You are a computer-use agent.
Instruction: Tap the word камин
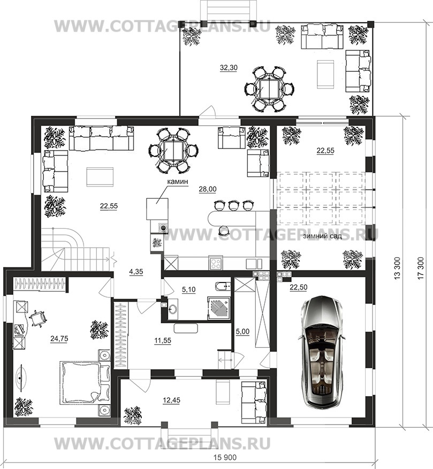(x=177, y=181)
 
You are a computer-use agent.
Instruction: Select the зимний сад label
(x=322, y=236)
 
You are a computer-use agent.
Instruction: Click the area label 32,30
(x=229, y=68)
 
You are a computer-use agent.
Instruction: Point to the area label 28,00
(x=208, y=189)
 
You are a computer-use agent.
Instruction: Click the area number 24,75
(x=59, y=339)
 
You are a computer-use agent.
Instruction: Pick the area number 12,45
(x=172, y=400)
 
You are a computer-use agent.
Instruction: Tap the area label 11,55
(x=163, y=340)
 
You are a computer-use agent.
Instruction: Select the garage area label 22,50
(x=298, y=287)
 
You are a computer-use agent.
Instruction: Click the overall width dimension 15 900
(x=225, y=457)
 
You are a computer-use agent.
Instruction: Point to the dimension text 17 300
(x=421, y=269)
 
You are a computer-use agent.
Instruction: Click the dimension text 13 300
(x=397, y=269)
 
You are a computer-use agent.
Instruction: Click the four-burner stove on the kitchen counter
(x=216, y=263)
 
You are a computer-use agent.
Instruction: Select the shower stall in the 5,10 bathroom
(x=218, y=308)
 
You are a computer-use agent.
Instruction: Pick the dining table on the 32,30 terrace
(x=269, y=89)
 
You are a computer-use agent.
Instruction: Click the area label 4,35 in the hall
(x=136, y=272)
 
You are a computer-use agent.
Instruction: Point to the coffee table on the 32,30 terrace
(x=325, y=75)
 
